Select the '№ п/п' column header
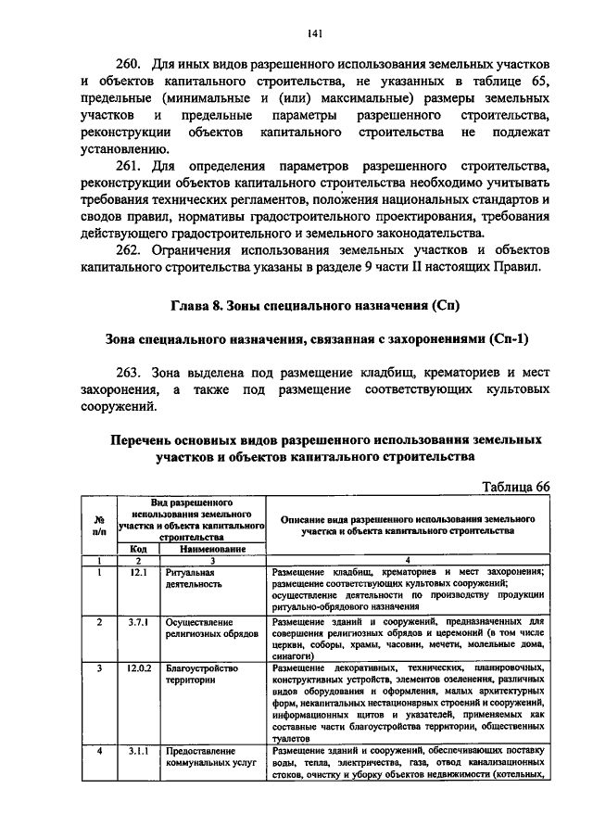click(x=98, y=526)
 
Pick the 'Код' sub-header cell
click(x=137, y=549)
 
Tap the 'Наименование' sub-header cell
click(x=211, y=549)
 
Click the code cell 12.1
click(x=138, y=573)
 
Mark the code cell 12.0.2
click(x=138, y=668)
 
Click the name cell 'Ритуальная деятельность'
click(x=195, y=579)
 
